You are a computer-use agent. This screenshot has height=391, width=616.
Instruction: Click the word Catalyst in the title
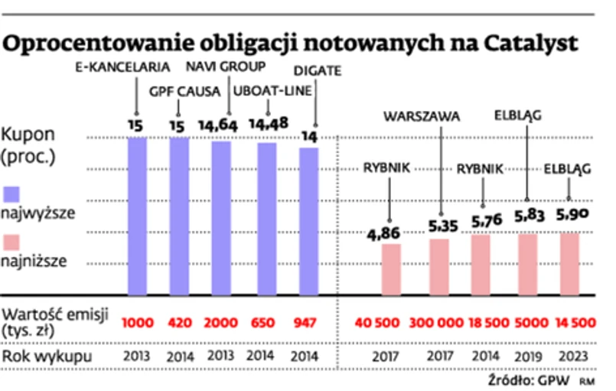[x=529, y=43]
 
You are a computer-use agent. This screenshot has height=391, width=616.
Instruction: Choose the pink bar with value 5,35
[x=439, y=267]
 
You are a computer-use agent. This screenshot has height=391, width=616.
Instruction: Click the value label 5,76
[x=483, y=220]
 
